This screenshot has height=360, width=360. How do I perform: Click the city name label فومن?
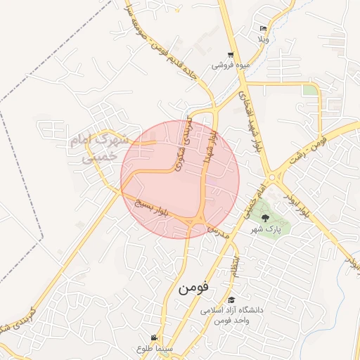[195, 288]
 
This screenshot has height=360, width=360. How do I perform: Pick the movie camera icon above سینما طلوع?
[154, 338]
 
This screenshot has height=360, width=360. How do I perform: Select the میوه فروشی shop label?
[231, 65]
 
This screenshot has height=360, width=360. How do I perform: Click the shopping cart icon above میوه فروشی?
[231, 55]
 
